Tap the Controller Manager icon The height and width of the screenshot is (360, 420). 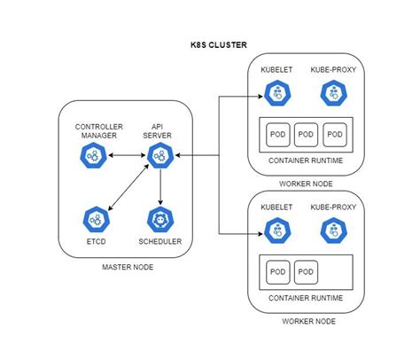92,157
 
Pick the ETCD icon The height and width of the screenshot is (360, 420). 97,218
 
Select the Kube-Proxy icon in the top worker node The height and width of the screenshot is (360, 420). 333,92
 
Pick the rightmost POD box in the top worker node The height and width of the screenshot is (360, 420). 334,133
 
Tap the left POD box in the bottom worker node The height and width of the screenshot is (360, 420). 276,271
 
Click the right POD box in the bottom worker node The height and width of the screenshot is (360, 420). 306,271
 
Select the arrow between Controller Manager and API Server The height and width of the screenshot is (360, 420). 127,157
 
